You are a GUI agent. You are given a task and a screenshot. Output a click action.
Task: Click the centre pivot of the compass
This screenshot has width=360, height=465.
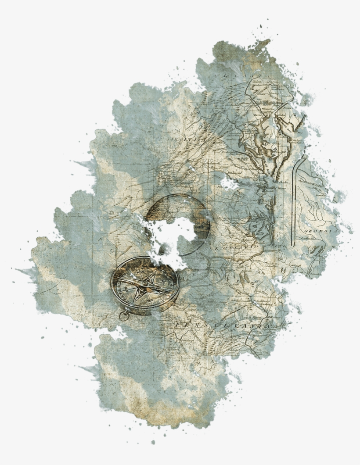144,285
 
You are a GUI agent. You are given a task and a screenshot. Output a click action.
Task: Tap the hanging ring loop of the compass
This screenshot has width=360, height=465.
125,316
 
